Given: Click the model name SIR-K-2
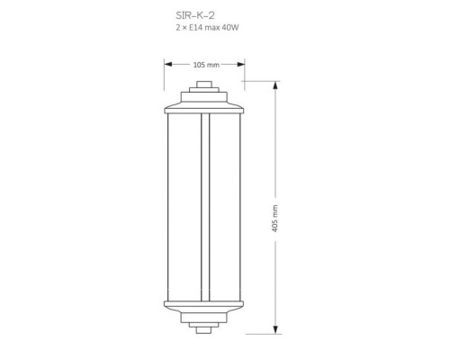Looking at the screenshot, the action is [195, 15].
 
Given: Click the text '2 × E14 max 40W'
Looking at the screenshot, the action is [207, 28].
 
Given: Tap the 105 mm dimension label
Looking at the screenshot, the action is [206, 65].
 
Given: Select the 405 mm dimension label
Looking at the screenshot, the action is [274, 219].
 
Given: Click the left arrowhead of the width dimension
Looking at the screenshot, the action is [168, 64].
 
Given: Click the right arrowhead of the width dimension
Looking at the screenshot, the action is [241, 64].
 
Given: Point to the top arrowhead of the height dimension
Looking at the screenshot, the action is [275, 85].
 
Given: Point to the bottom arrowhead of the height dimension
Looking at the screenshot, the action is [275, 330].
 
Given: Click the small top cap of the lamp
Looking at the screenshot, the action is [204, 85].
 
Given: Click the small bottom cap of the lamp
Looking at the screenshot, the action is [204, 330].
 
